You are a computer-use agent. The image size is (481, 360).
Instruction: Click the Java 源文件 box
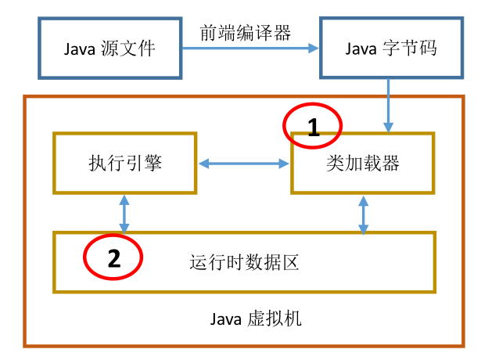pyautogui.click(x=109, y=49)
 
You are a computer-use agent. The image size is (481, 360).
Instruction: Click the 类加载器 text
pyautogui.click(x=363, y=164)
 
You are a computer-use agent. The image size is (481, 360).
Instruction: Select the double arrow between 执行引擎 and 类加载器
pyautogui.click(x=243, y=164)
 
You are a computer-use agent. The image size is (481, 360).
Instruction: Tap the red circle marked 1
pyautogui.click(x=313, y=125)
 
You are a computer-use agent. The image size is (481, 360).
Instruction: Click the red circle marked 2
pyautogui.click(x=114, y=257)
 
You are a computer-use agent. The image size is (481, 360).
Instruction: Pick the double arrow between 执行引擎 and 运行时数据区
pyautogui.click(x=124, y=212)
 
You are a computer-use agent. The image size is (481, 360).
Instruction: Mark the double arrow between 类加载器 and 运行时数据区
pyautogui.click(x=363, y=212)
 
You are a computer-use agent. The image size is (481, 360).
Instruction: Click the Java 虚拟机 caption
pyautogui.click(x=256, y=319)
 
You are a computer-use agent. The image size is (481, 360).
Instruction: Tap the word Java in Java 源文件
pyautogui.click(x=81, y=49)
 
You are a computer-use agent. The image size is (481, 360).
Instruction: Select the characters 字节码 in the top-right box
pyautogui.click(x=412, y=49)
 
